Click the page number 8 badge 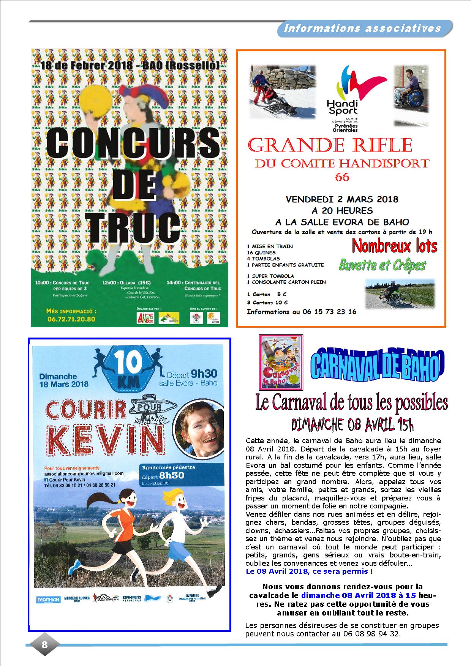(x=44, y=644)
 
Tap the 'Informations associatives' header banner (x=363, y=28)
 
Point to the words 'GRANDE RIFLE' (x=330, y=146)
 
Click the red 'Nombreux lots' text (x=394, y=246)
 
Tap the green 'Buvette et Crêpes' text (x=382, y=265)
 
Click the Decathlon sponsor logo (x=48, y=600)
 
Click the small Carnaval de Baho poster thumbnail (x=281, y=362)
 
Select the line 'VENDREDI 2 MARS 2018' (x=342, y=199)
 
